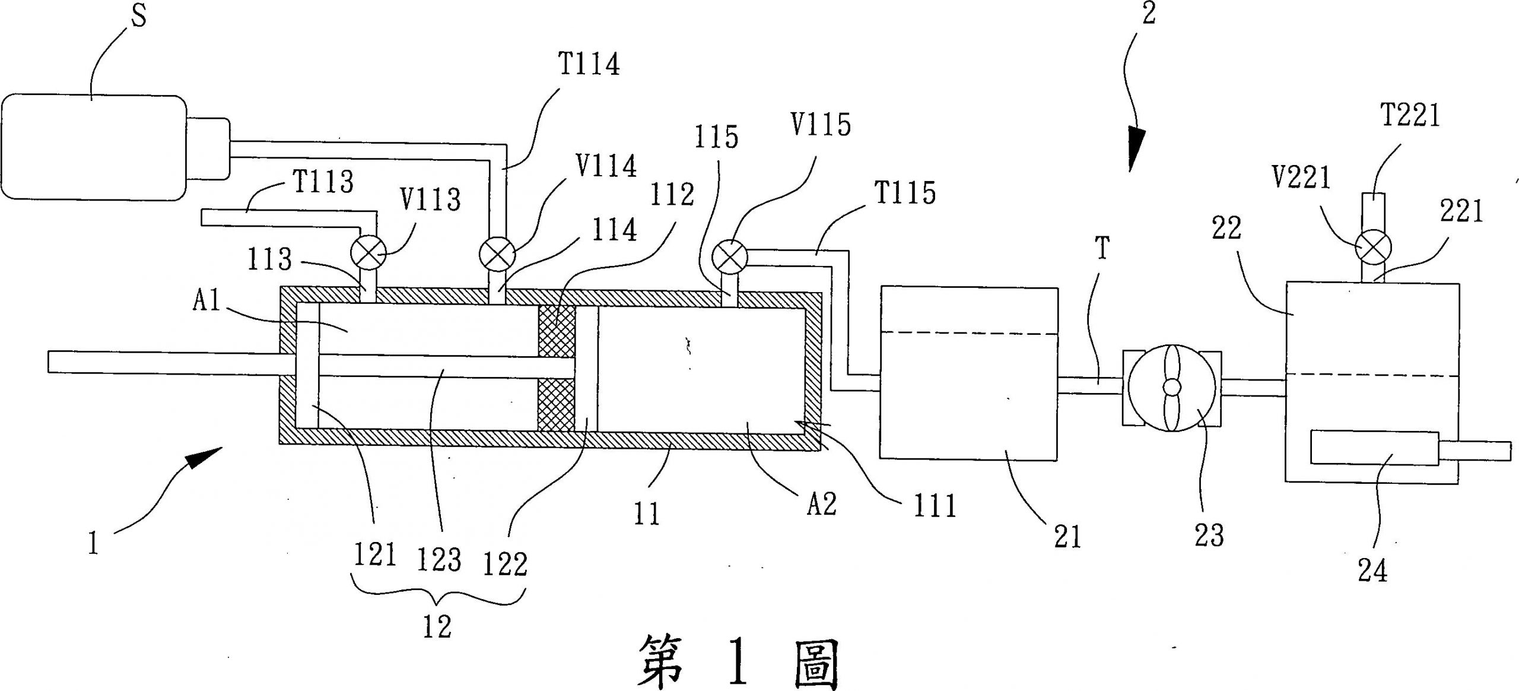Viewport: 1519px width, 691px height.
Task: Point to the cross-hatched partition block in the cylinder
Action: coord(556,368)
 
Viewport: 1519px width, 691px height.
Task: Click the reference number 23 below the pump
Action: coord(1209,535)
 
